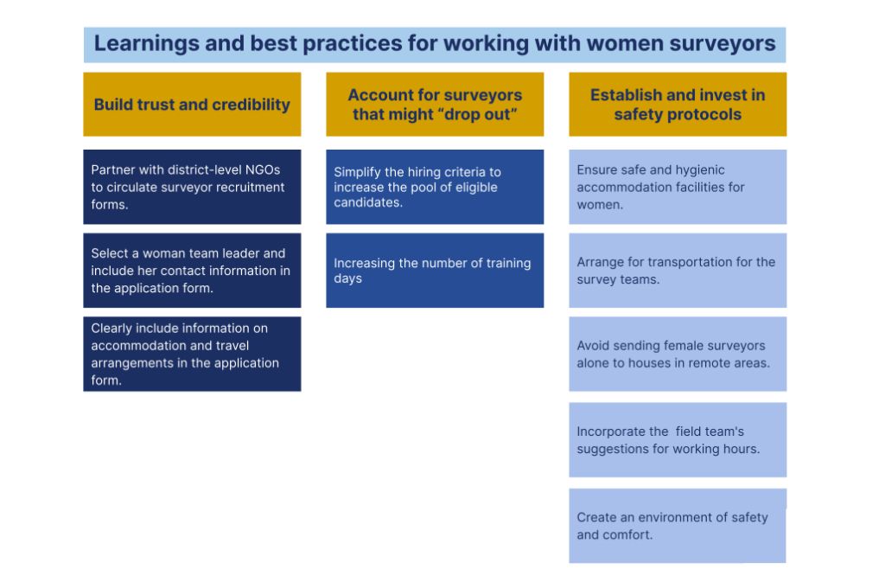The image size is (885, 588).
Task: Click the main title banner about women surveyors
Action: coord(435,45)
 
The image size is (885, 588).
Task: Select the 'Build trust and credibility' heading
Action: coord(192,104)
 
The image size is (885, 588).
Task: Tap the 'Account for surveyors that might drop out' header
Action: coord(435,104)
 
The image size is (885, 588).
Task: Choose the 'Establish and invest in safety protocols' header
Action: coord(678,104)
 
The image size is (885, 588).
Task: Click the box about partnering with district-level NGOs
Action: coord(192,187)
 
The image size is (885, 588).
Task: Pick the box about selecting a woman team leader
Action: coord(192,271)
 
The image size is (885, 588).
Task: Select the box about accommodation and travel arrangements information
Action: coord(192,355)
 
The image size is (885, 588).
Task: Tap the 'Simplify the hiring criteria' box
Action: coord(435,187)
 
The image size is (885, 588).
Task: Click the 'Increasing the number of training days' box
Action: coord(435,271)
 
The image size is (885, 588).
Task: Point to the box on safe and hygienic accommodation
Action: coord(678,187)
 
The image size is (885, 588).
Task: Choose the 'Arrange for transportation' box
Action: coord(678,271)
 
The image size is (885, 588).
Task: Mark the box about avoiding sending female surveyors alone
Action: coord(678,355)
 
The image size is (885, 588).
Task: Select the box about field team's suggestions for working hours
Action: coord(678,440)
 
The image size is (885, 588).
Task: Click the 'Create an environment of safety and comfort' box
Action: coord(678,526)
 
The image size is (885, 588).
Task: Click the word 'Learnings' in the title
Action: coord(146,43)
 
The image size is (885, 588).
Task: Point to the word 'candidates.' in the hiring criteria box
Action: coord(368,202)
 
